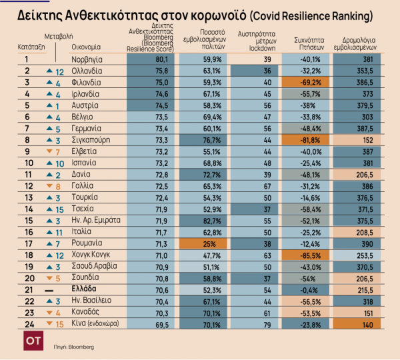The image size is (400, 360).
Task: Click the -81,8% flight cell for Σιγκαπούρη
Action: click(x=309, y=140)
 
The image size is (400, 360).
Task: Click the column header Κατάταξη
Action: click(x=29, y=47)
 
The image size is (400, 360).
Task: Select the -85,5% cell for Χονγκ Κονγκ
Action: click(x=309, y=255)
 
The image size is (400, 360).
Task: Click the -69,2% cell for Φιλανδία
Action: click(x=309, y=82)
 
